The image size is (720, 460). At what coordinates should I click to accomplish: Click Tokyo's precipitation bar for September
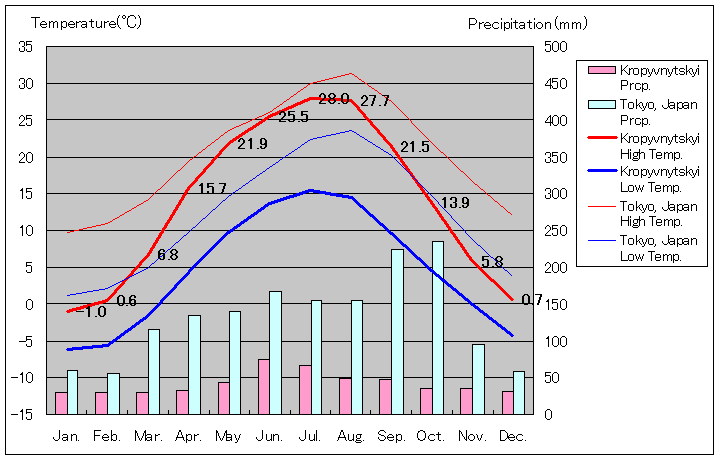coord(397,331)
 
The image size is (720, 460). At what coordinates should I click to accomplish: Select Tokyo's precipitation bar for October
coord(438,327)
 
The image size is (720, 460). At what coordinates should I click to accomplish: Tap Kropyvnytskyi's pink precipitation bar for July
coord(304,389)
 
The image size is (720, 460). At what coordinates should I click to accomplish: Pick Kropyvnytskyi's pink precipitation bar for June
coord(264,386)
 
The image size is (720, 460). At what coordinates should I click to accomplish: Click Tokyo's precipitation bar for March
coord(154,371)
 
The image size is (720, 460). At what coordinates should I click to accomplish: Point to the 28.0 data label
coord(334,99)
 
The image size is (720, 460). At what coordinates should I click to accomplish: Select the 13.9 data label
coord(454,203)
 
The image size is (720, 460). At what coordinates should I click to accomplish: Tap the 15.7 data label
coord(212,188)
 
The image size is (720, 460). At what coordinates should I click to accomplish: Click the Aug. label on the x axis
coord(351,436)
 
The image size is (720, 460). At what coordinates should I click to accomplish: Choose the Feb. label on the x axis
coord(107,436)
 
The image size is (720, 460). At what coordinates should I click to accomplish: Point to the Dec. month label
coord(512,436)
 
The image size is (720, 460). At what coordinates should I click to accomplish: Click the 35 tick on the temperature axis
coord(26,47)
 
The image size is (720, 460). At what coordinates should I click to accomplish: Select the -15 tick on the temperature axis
coord(23,414)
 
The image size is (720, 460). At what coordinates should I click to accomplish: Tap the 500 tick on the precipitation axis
coord(555,47)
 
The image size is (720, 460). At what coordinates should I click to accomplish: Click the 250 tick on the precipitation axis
coord(555,230)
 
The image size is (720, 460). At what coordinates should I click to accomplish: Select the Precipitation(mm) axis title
coord(528,22)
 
